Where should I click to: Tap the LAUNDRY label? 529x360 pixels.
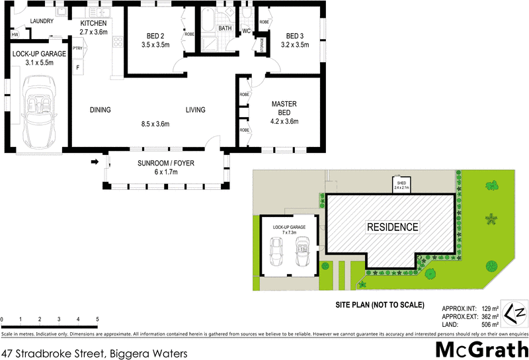(x=42, y=21)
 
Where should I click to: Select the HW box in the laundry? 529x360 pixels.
(x=15, y=34)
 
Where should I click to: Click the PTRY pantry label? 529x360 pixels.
(x=78, y=48)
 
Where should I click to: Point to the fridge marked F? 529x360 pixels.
(x=78, y=67)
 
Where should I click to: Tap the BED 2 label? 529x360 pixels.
(x=155, y=36)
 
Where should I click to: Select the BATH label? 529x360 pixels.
(x=225, y=28)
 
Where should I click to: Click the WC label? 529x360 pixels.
(x=245, y=31)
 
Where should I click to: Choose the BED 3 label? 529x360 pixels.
(x=296, y=36)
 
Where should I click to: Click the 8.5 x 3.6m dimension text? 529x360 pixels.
(x=155, y=124)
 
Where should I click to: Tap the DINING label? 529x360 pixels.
(x=101, y=110)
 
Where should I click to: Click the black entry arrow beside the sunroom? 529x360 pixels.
(x=95, y=161)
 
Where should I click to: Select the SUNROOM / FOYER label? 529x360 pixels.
(x=166, y=163)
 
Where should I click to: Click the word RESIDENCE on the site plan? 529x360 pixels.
(x=393, y=227)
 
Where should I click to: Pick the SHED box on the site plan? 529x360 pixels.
(x=401, y=185)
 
